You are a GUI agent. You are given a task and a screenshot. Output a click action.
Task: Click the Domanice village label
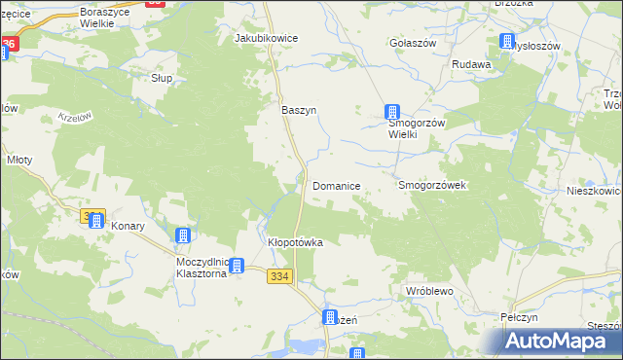tap(337, 185)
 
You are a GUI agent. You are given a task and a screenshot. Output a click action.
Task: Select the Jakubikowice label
tap(266, 38)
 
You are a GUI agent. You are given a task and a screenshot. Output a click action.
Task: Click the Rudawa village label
tap(471, 65)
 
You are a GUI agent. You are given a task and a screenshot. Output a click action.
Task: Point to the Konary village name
tap(128, 226)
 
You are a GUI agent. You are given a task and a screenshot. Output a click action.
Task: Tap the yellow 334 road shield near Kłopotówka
tap(278, 277)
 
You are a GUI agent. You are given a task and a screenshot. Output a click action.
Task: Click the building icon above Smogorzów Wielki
tap(392, 112)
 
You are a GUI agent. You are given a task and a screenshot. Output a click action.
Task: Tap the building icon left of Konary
tap(96, 221)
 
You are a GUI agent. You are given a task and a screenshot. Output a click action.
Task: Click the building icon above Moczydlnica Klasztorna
tap(182, 234)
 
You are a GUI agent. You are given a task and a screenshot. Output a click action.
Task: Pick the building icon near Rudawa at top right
tap(507, 41)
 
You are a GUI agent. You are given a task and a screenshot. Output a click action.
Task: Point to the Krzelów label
tap(74, 116)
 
